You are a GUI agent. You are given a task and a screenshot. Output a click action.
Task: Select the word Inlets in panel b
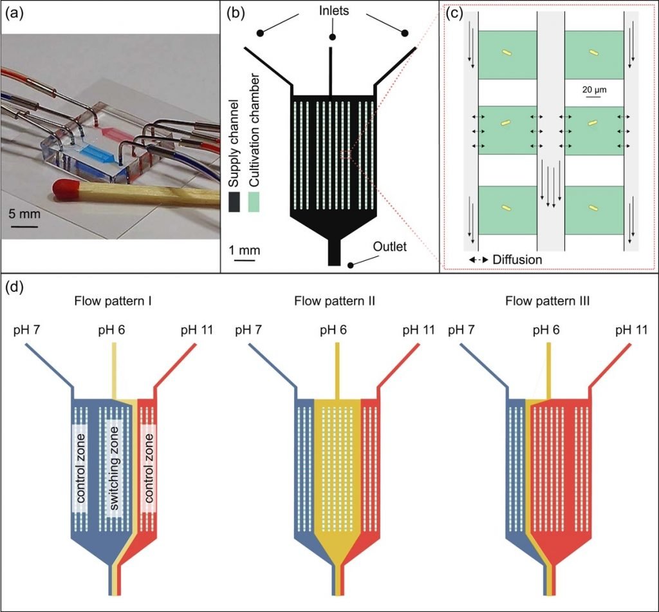(x=332, y=11)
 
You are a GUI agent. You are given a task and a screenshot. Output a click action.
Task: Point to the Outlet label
(x=390, y=245)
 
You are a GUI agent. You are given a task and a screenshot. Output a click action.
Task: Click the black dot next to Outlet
(x=351, y=265)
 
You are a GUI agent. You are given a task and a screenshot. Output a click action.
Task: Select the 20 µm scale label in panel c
(x=595, y=88)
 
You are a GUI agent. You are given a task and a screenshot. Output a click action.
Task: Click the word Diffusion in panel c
(x=517, y=259)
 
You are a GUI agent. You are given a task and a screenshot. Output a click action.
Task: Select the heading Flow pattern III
(x=548, y=301)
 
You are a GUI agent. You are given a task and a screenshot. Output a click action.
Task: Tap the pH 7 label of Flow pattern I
(x=27, y=331)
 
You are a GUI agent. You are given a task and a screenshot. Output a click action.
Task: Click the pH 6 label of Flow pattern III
(x=548, y=331)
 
